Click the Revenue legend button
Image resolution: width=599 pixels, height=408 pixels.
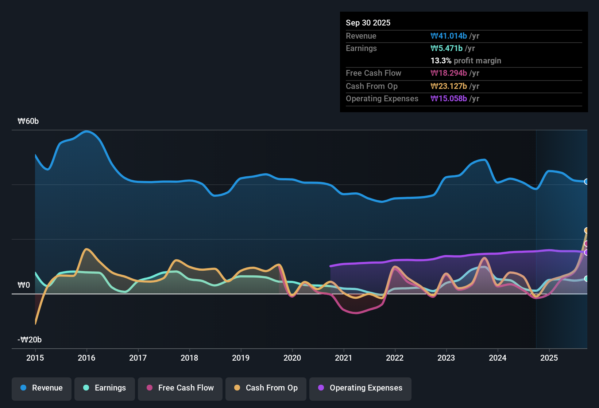point(42,388)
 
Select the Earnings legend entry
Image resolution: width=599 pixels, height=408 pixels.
point(105,388)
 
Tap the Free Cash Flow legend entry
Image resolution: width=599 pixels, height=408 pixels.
point(180,388)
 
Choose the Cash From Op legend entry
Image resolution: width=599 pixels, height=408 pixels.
point(266,388)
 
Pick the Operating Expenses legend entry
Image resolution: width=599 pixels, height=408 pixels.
point(360,388)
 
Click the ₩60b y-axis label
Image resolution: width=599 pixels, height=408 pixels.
point(28,121)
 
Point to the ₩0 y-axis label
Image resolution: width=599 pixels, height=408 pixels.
point(24,285)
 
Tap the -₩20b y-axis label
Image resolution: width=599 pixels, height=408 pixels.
point(30,340)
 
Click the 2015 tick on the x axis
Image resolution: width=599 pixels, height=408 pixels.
point(35,358)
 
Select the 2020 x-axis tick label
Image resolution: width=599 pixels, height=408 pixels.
point(292,358)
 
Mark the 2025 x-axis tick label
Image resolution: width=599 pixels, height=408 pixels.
point(549,358)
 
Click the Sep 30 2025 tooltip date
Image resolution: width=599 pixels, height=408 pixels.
point(368,23)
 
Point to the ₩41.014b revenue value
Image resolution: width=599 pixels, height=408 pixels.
point(449,36)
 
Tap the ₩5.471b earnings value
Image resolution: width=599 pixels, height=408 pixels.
point(447,48)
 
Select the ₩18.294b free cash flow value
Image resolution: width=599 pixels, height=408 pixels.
point(449,73)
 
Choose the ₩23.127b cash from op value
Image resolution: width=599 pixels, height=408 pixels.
point(449,86)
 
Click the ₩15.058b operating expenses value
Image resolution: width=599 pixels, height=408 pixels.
point(449,99)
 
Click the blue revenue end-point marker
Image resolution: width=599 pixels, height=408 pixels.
point(586,182)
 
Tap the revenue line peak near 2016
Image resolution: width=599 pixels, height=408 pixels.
point(86,131)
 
